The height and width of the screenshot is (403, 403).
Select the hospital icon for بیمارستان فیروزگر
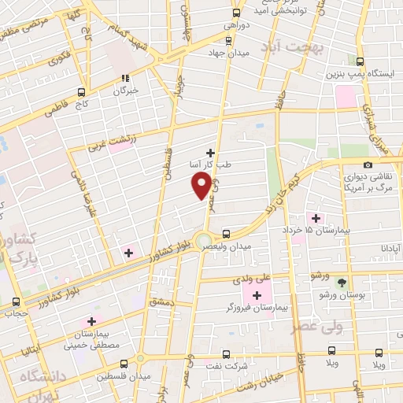tap(256, 294)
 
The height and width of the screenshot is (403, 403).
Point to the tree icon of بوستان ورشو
tap(341, 282)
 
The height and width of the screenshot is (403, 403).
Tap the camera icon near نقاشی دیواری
tap(368, 165)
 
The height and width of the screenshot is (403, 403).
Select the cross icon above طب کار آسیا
tap(210, 152)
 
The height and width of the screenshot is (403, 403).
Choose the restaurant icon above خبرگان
tap(125, 78)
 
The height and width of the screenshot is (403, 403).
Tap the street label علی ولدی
tap(251, 279)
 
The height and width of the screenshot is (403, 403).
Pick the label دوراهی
tap(236, 25)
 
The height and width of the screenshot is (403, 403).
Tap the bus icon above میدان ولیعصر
tap(227, 234)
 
